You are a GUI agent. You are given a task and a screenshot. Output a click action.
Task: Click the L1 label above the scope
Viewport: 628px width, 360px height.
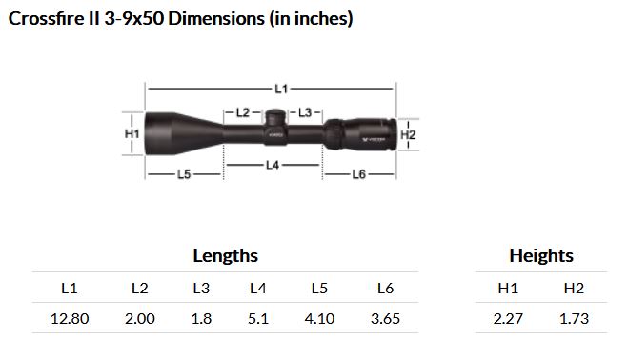click(x=281, y=89)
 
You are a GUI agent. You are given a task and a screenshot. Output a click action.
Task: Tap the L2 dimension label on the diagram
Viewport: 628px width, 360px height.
click(x=243, y=112)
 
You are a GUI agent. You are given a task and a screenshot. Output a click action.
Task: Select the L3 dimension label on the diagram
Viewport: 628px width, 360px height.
click(x=305, y=112)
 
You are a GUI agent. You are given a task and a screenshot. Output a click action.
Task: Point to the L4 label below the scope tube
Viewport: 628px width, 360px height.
click(x=273, y=165)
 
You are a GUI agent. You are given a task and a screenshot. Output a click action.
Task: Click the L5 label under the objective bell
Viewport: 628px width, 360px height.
click(x=184, y=174)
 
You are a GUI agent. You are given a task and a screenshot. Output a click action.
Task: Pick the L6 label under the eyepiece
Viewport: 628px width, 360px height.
click(x=359, y=174)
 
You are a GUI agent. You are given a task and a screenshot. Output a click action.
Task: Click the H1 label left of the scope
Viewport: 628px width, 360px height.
click(x=132, y=133)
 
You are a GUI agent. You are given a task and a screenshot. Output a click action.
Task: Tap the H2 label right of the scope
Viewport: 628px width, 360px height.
click(x=408, y=134)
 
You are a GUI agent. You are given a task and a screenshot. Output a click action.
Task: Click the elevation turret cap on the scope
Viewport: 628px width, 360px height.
click(x=275, y=117)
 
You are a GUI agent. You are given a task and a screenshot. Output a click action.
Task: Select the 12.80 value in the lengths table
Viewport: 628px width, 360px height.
click(x=70, y=319)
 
